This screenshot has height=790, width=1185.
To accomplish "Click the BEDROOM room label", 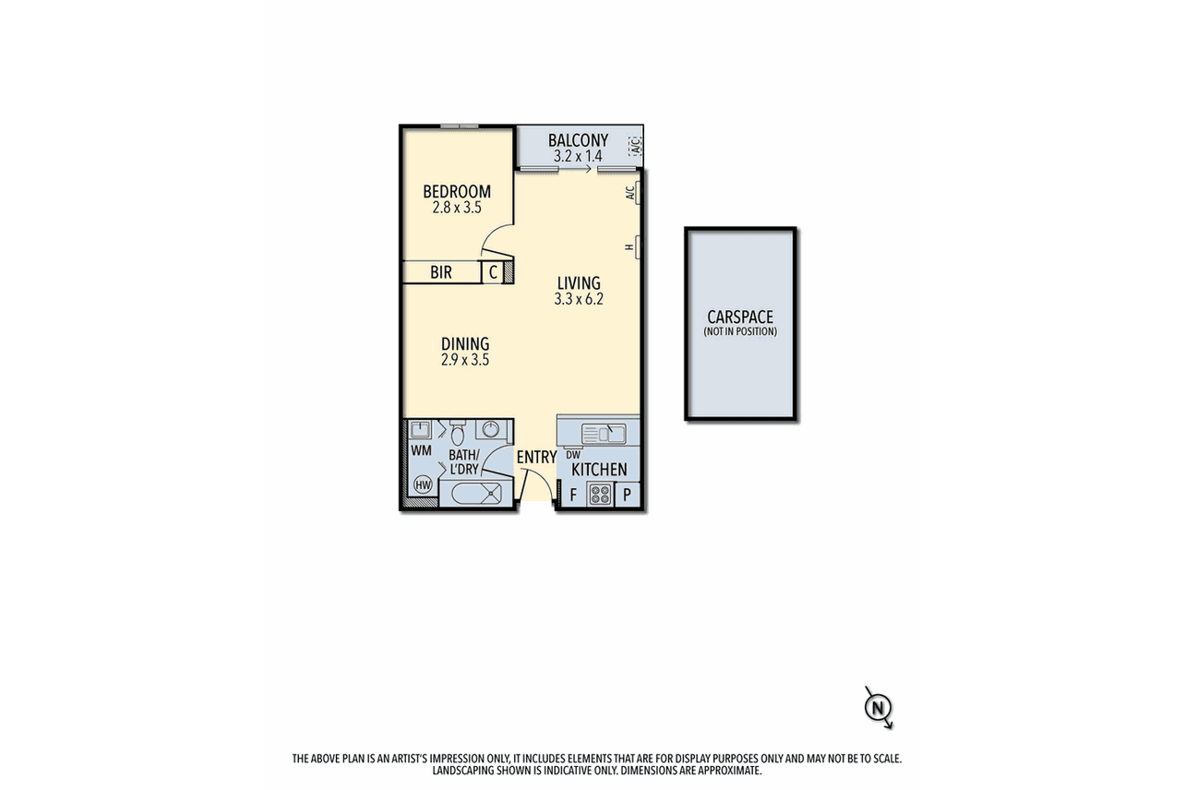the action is [457, 191].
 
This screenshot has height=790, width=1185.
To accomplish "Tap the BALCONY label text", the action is [578, 140].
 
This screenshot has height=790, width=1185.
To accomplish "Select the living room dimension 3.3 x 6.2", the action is [579, 299].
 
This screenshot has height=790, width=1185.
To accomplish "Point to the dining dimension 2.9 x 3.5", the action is [465, 360].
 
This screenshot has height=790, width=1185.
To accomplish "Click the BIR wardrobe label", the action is [440, 272].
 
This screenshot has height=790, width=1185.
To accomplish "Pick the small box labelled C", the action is [493, 272].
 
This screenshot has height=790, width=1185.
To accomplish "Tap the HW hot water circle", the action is [422, 485].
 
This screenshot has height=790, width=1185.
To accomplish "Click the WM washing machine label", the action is [421, 450].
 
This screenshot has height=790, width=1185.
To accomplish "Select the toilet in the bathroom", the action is [457, 432].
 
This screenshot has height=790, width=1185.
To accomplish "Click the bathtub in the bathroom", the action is [476, 494].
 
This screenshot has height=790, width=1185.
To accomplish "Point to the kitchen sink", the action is [604, 434].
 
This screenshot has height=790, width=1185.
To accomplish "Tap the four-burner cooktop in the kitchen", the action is [600, 495].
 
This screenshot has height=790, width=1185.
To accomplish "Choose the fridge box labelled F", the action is [572, 496].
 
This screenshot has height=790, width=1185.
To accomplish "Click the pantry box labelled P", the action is [627, 495].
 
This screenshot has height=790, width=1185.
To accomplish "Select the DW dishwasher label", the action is [573, 455].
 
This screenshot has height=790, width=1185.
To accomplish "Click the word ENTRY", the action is [536, 457].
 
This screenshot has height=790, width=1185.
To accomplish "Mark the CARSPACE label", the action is [740, 317].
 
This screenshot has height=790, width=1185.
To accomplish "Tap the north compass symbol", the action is [879, 708].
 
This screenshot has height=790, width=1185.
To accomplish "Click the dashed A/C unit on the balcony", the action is [635, 146].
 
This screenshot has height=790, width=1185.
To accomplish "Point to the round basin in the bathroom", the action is [490, 429].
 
